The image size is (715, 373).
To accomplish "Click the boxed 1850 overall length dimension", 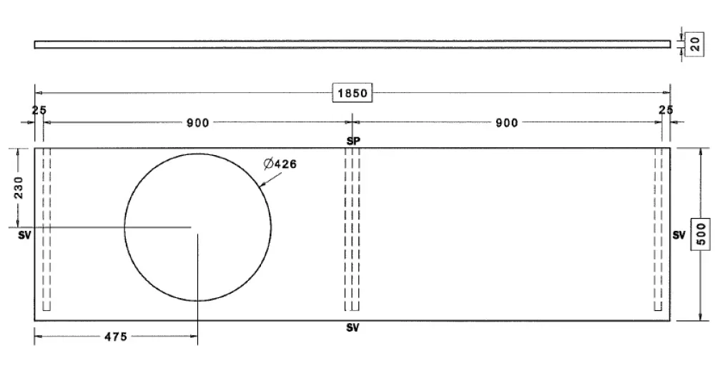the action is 352,93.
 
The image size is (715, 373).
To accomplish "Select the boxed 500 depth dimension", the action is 702,234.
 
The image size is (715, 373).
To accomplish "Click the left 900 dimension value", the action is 198,123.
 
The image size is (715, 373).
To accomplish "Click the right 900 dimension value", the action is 507,123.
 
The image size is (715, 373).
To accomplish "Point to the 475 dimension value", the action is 116,337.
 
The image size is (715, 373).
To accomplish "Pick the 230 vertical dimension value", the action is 19,187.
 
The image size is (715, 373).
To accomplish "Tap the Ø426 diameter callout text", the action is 280,164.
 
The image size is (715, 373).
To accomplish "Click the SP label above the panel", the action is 353,141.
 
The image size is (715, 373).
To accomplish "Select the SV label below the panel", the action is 352,327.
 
